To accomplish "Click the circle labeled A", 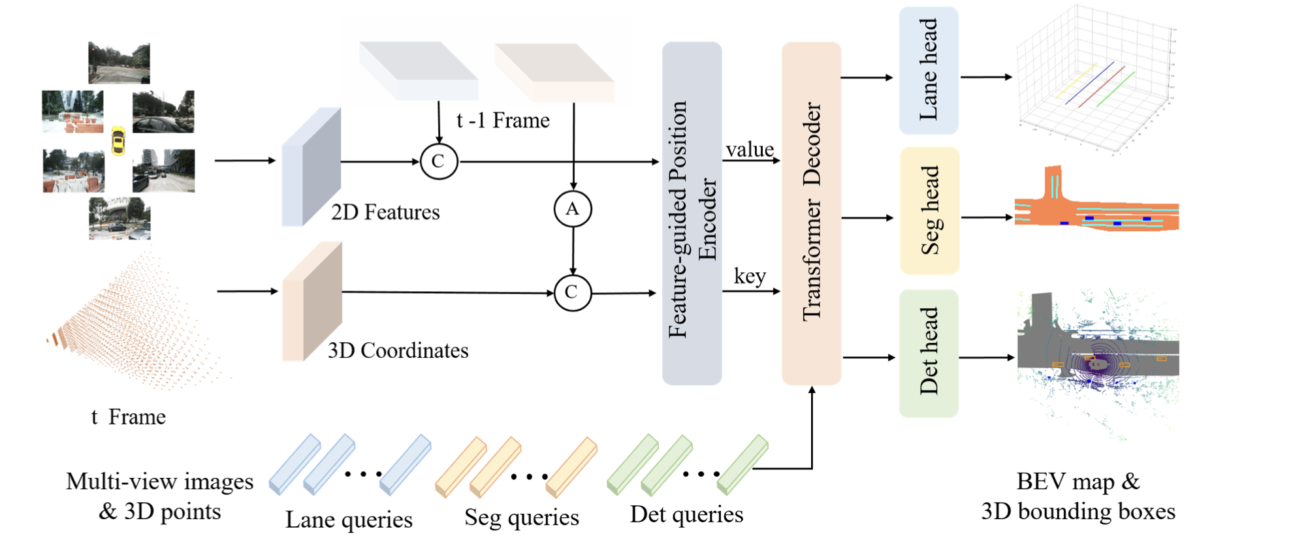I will [x=573, y=209].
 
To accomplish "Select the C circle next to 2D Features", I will [x=439, y=161].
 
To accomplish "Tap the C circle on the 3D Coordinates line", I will [x=572, y=293].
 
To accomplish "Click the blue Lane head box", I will [x=929, y=71].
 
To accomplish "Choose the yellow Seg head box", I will [x=930, y=210].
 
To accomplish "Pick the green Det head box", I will [x=929, y=353].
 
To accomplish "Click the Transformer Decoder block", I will [x=812, y=213].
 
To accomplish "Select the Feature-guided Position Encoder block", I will [x=692, y=214].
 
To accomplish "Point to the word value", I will [x=750, y=150].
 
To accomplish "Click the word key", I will [x=750, y=276].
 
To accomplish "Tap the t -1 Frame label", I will [x=503, y=121].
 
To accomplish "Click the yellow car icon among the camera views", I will [x=118, y=140].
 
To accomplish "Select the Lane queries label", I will [x=349, y=520].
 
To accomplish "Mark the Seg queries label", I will [x=521, y=517].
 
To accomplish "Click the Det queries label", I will [x=686, y=515].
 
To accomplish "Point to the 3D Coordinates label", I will [x=398, y=351].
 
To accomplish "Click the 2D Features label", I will [x=385, y=212].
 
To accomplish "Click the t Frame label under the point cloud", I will [x=129, y=417].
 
